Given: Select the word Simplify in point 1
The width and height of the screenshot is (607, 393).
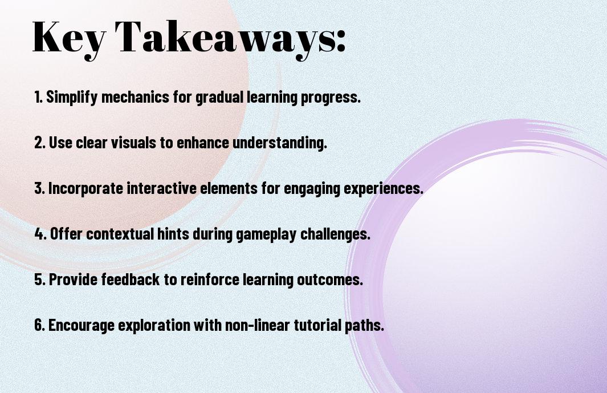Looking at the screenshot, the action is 72,97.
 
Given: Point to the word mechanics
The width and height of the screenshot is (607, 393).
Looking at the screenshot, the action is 135,96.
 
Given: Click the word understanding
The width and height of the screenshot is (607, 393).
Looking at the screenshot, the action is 279,143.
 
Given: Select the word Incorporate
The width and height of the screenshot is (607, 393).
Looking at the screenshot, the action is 85,188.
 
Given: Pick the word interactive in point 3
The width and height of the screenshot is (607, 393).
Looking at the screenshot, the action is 162,188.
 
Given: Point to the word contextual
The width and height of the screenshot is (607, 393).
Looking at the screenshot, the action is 120,234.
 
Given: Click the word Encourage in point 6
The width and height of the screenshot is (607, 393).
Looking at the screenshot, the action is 82,325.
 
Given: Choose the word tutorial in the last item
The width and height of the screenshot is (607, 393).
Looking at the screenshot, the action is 317,325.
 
